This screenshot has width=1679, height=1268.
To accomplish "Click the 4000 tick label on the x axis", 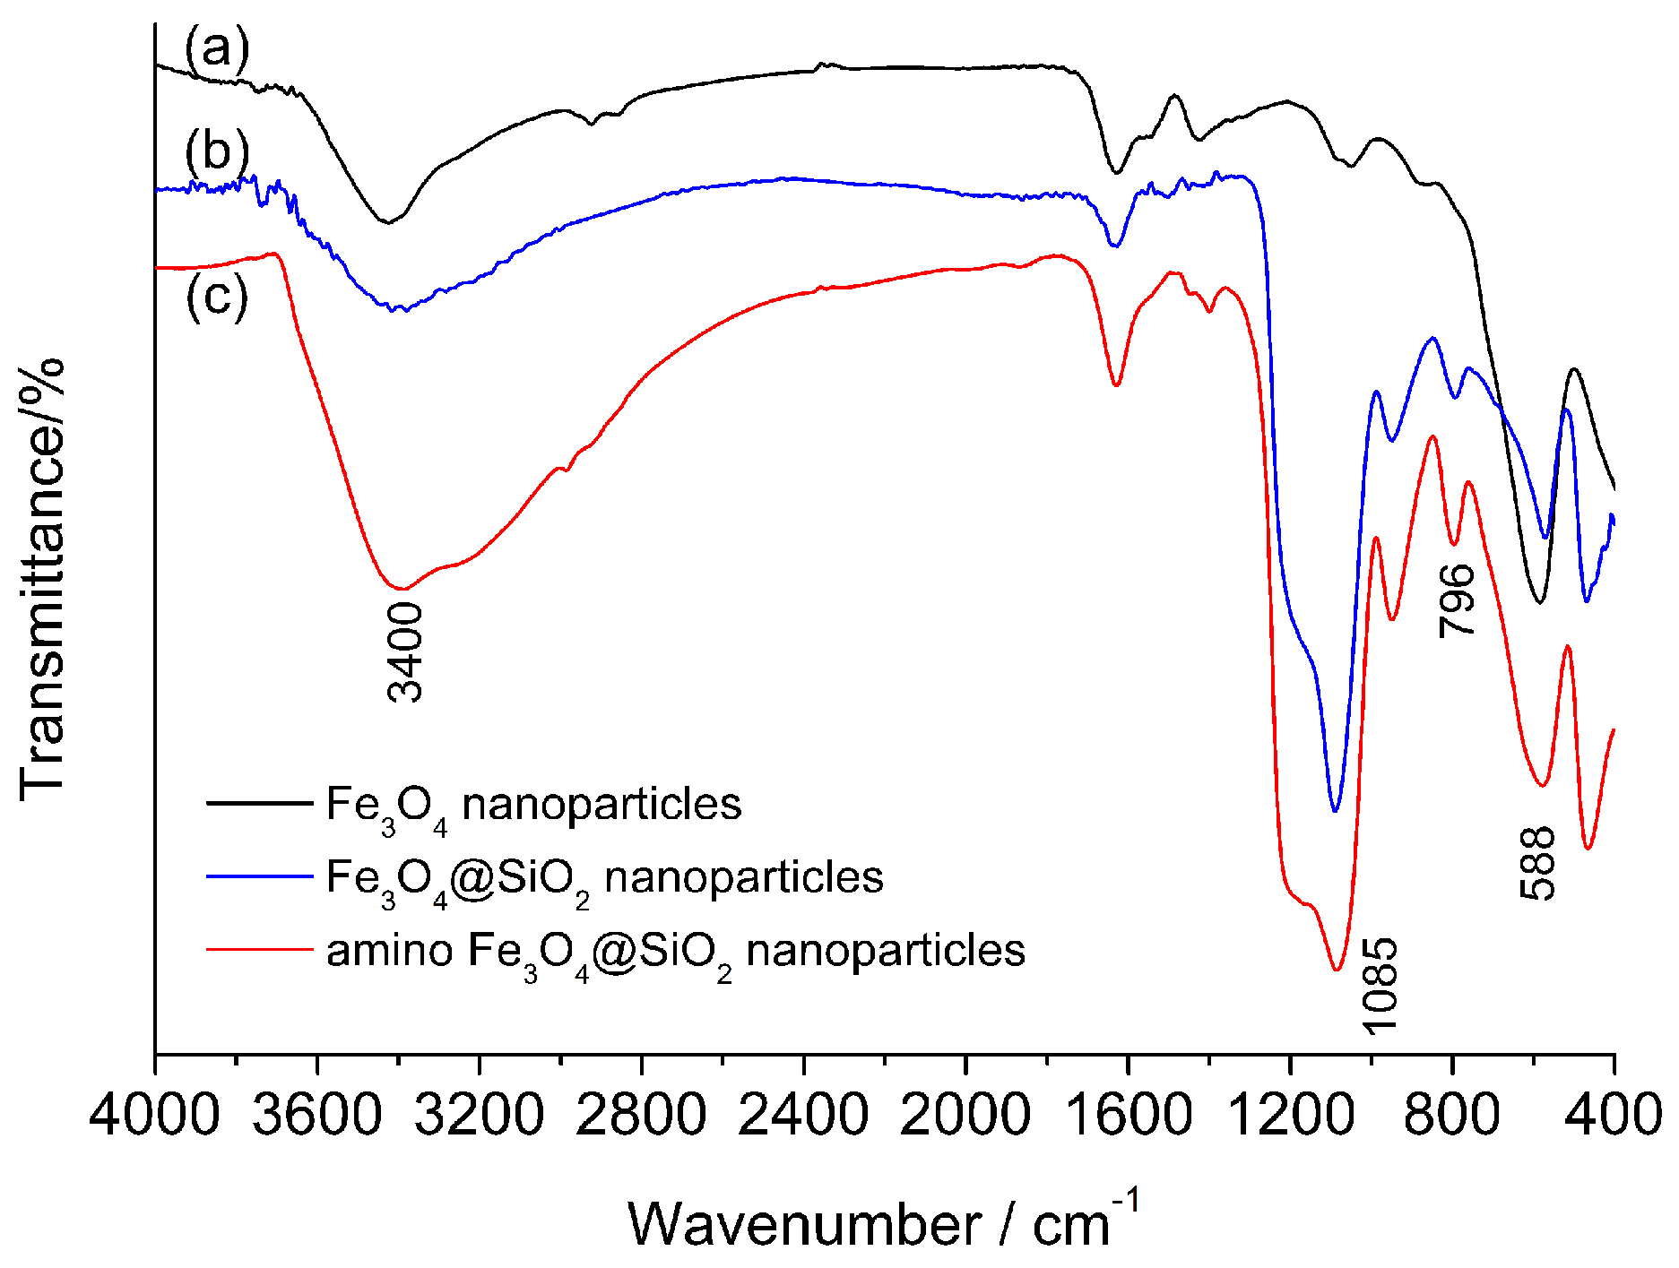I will click(154, 1117).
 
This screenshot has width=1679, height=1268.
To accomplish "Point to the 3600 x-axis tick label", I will click(316, 1117).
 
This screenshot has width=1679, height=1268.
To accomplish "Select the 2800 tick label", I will click(641, 1117).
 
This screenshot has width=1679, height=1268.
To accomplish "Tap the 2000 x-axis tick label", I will click(965, 1117).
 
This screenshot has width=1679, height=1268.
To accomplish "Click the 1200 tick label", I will click(1290, 1117).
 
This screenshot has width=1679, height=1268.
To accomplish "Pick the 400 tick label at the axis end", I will click(1614, 1117).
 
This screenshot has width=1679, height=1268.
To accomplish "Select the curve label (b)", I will click(216, 151).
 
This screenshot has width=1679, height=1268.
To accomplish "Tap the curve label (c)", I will click(216, 297).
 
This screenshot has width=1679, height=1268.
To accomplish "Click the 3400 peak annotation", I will click(405, 651).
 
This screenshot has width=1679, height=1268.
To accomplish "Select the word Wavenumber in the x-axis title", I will click(804, 1224).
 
